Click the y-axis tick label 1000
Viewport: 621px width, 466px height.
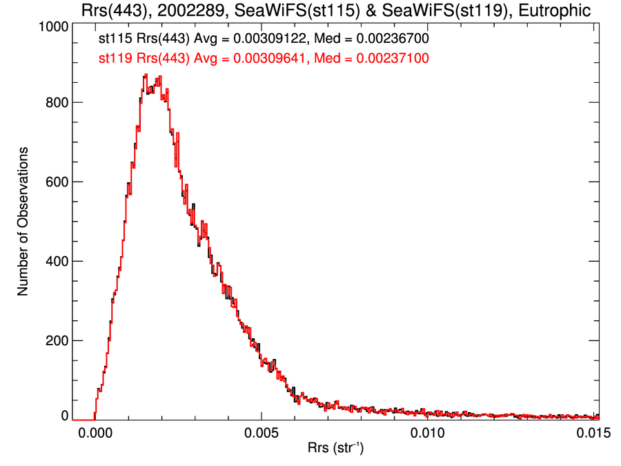point(52,26)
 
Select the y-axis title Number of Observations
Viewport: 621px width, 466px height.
point(23,221)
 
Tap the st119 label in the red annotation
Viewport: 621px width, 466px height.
point(115,59)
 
